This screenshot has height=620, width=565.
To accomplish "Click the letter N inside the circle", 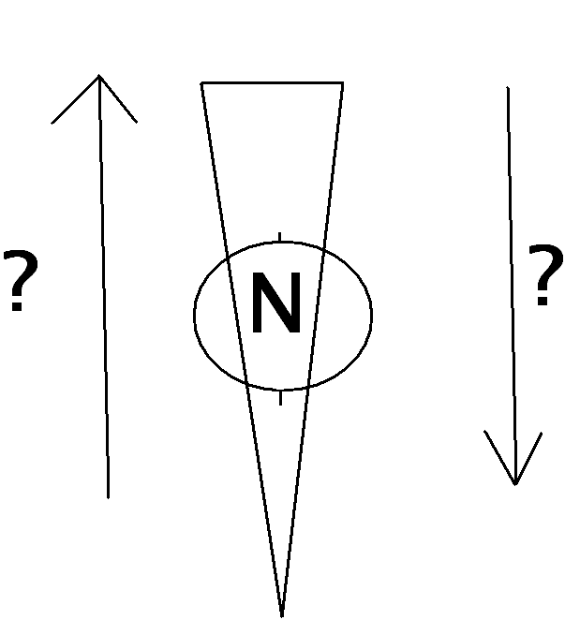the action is coord(276,303).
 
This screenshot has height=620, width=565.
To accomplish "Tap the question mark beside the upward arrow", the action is coord(21,280).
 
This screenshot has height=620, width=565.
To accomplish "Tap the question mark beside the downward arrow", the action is coord(545,274).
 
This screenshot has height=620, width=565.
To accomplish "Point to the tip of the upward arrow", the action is coord(99,75).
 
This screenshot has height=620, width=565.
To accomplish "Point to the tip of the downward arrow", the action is coord(514,484).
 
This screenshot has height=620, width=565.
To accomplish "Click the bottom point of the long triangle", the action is coord(282,616).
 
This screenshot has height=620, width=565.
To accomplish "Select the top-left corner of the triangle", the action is coord(201,82).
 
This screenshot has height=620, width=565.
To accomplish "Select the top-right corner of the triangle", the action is coord(343,82).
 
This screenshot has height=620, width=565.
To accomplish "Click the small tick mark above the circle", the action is coord(280,237).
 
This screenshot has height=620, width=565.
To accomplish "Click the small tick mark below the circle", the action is coord(280,398).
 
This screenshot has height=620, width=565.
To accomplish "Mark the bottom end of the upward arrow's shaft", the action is coord(108,498).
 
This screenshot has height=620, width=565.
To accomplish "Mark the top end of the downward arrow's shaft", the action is coord(508,87).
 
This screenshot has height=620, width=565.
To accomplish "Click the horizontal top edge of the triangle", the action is coord(273,82).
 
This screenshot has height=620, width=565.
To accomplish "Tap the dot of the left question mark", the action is coord(16,306).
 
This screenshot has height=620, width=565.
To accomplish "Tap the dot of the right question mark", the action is coord(543,301).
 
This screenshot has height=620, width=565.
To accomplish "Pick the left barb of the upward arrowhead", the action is coord(75,99).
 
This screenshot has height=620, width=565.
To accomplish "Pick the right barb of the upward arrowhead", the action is coord(118,99).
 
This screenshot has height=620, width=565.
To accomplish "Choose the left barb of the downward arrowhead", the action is coord(499,457).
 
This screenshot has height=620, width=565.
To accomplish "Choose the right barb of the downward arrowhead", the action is coord(528,458).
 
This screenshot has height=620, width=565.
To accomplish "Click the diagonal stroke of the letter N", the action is coord(276,303).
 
